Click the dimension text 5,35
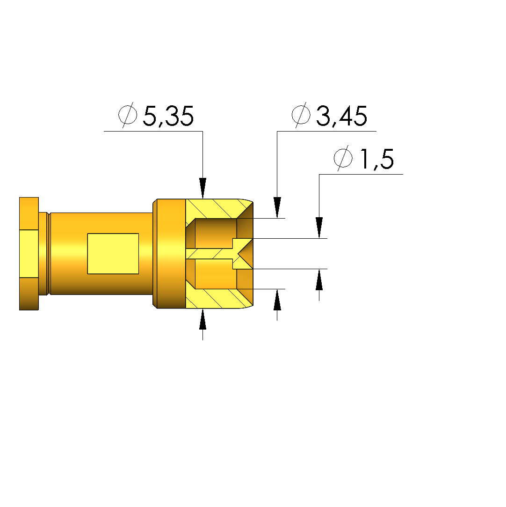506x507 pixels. click(168, 116)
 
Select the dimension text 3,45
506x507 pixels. click(341, 116)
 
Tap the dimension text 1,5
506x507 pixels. click(377, 159)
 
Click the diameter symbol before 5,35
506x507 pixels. click(128, 115)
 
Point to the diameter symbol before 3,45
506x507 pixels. click(301, 115)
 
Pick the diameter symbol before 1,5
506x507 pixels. click(343, 158)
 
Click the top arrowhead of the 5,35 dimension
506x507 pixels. click(202, 188)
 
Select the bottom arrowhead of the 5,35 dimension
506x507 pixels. click(202, 319)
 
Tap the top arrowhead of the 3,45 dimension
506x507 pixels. click(277, 207)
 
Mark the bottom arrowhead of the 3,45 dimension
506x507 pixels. click(277, 300)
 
